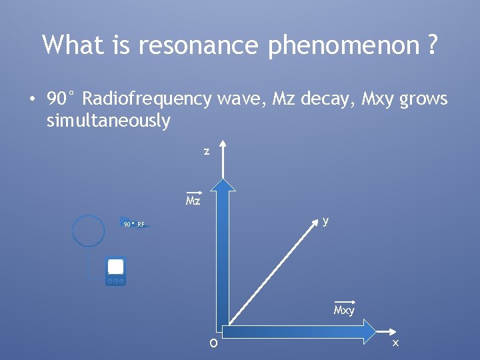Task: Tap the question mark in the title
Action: tap(432, 45)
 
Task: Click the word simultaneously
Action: tap(109, 121)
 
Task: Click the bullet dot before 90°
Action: tap(31, 100)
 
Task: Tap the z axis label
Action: tap(207, 151)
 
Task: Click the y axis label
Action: tap(325, 221)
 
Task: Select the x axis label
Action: tap(395, 343)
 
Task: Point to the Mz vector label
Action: tap(193, 200)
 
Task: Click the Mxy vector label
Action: tap(344, 310)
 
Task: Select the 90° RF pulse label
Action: tap(134, 225)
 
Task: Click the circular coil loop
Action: tap(88, 230)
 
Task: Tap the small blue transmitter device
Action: tap(115, 271)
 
